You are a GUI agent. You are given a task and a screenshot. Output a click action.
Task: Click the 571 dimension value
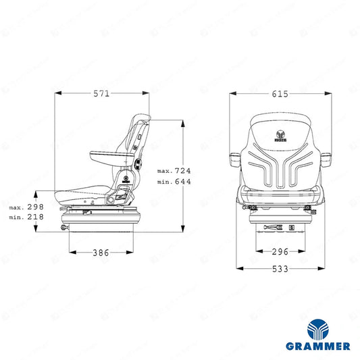click(x=101, y=93)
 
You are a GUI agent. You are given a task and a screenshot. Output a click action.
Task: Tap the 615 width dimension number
click(x=280, y=94)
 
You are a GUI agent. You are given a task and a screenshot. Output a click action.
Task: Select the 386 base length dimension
click(x=101, y=253)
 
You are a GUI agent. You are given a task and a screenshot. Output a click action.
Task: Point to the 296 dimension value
click(x=280, y=252)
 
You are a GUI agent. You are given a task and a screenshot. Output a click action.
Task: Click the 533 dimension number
click(x=280, y=269)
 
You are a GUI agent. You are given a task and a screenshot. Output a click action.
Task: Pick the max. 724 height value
click(x=174, y=171)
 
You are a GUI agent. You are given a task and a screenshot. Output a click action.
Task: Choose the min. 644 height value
click(x=174, y=182)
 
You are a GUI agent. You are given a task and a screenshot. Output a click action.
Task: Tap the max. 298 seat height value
click(x=26, y=207)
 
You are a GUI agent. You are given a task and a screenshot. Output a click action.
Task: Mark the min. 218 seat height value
click(x=26, y=217)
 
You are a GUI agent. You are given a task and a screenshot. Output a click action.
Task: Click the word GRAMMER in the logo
click(x=318, y=346)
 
